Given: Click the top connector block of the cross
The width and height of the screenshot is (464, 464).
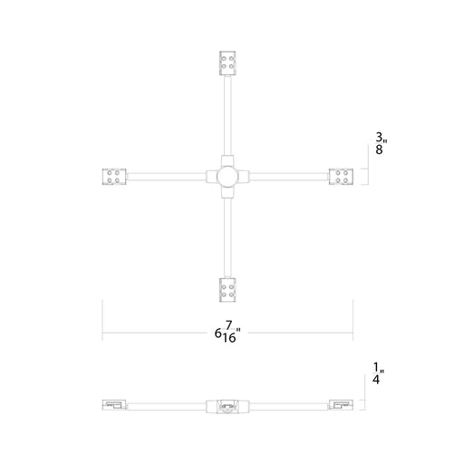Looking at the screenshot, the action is click(x=227, y=63).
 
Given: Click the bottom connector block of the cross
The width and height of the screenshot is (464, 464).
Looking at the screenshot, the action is click(x=227, y=290).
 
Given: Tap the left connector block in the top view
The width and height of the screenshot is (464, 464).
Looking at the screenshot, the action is click(x=114, y=177).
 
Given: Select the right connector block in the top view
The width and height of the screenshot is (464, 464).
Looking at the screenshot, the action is click(x=341, y=177).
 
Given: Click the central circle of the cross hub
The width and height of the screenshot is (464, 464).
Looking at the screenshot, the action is click(x=227, y=177).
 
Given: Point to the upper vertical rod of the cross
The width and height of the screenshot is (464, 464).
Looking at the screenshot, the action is click(x=227, y=115).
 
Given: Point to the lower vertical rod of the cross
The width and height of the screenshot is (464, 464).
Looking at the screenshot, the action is click(x=227, y=238).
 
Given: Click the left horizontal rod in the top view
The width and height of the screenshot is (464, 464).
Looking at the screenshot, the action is click(x=166, y=177).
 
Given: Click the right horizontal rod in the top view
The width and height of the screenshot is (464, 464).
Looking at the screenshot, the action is click(x=289, y=177).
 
